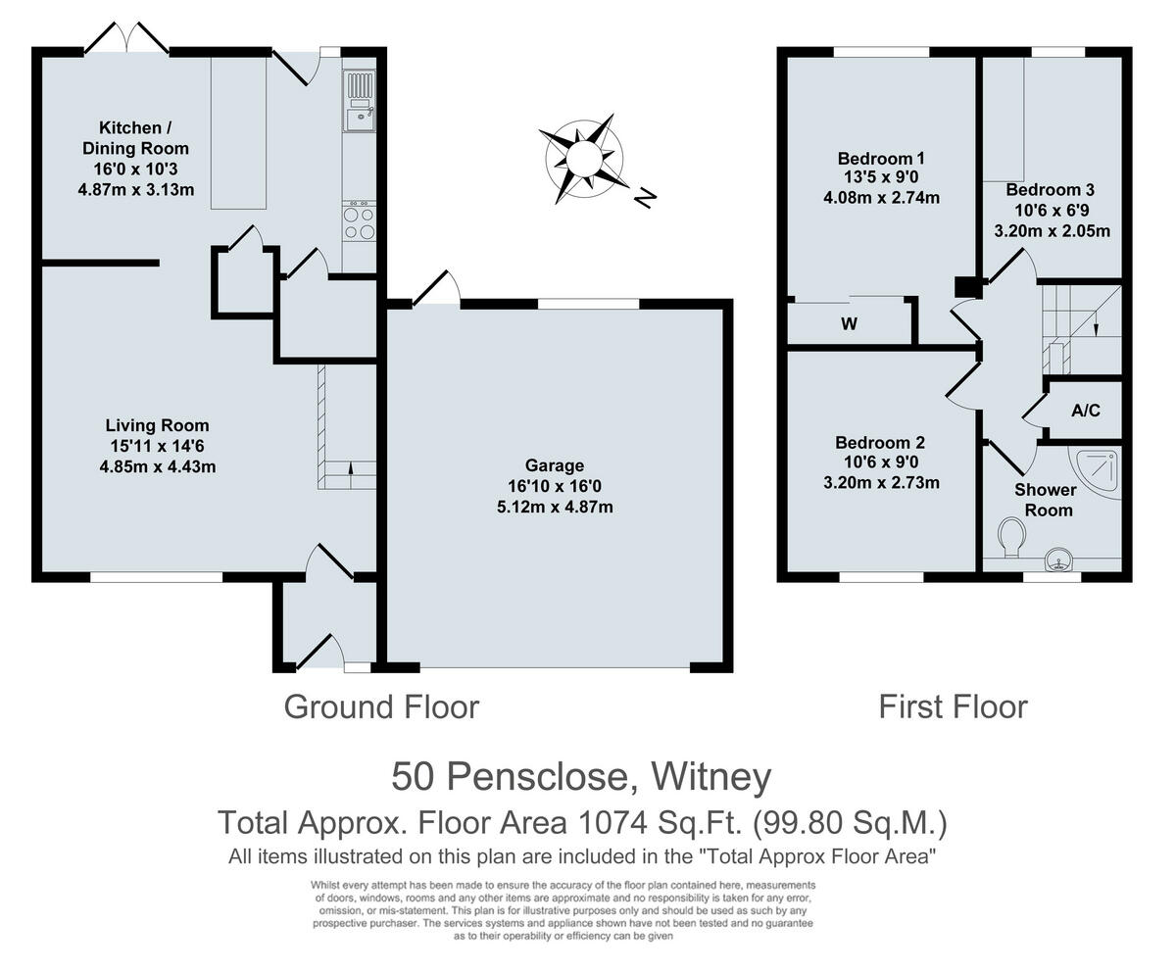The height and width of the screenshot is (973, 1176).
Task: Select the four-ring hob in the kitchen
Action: click(359, 222)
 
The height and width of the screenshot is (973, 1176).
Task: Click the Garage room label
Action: click(555, 465)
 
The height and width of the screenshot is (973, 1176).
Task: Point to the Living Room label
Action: click(158, 425)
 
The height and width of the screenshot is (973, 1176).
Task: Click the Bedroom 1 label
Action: click(881, 158)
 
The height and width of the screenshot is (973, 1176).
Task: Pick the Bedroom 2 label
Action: click(880, 443)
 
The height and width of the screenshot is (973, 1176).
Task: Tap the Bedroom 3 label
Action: click(1050, 190)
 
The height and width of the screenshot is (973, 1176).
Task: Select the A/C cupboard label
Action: click(1085, 411)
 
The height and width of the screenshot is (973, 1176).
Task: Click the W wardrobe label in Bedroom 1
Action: click(849, 323)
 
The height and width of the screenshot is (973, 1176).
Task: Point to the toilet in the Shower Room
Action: click(1012, 535)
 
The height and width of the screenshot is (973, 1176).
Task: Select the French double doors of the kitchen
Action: click(126, 39)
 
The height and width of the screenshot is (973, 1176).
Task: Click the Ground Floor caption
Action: click(381, 706)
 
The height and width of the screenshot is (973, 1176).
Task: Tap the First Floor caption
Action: click(953, 706)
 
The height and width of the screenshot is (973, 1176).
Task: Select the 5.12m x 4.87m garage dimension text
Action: click(555, 507)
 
